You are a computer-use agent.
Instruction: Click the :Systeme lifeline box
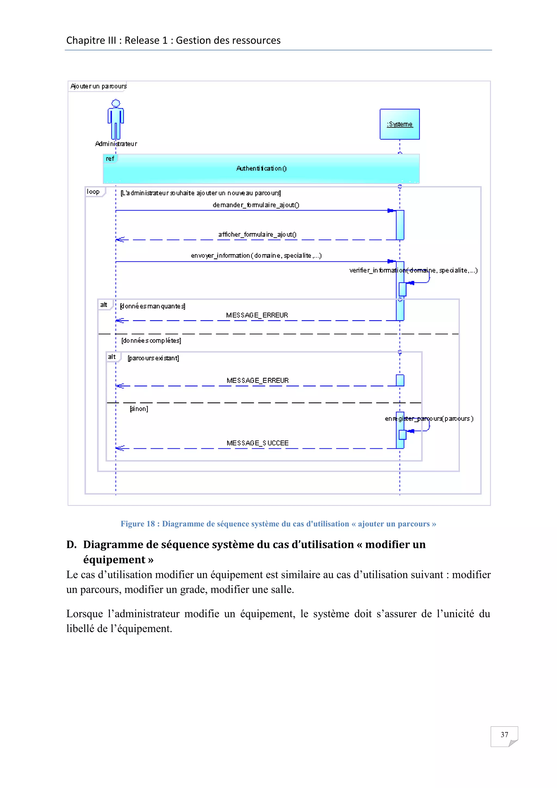coord(400,124)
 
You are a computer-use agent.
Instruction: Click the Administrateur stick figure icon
coord(116,119)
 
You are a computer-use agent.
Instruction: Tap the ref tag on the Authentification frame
coord(110,159)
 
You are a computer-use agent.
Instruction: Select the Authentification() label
coord(261,168)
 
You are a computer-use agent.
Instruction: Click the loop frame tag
coord(93,192)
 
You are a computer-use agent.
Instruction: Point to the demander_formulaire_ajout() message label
coord(256,205)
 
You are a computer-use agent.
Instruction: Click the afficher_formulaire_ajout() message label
coord(257,234)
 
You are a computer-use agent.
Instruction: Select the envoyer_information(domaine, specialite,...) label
coord(256,255)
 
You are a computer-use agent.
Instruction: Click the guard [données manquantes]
coord(153,306)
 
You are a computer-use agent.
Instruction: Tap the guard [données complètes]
coord(151,340)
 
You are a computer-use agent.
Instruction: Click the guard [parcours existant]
coord(153,358)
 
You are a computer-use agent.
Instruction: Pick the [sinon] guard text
coord(139,409)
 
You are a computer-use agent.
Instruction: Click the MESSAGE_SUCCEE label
coord(258,443)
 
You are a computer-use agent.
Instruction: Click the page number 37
coord(504,734)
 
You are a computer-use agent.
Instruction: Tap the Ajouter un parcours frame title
coord(98,86)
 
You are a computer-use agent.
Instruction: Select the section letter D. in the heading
coord(71,545)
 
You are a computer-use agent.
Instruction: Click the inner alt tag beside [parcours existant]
coord(112,357)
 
